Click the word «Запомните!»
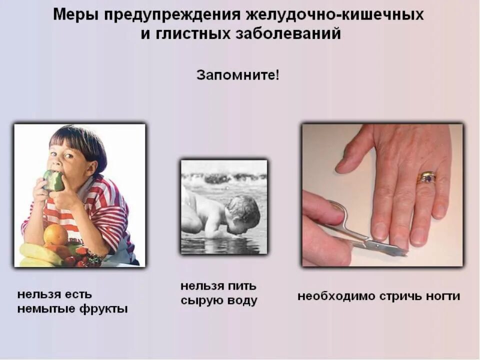tap(238, 75)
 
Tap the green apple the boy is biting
tap(53, 180)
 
